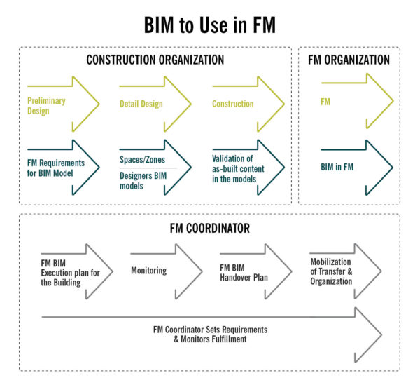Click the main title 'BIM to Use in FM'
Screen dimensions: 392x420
(x=209, y=26)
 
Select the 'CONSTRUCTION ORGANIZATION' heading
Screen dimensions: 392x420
(x=155, y=60)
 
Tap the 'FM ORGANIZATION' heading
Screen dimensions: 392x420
(x=349, y=60)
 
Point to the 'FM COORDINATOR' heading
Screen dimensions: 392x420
(x=209, y=228)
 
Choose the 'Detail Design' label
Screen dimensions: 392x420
(x=141, y=104)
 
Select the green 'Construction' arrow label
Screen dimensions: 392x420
(x=233, y=104)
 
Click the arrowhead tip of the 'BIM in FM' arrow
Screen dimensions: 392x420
(x=393, y=168)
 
